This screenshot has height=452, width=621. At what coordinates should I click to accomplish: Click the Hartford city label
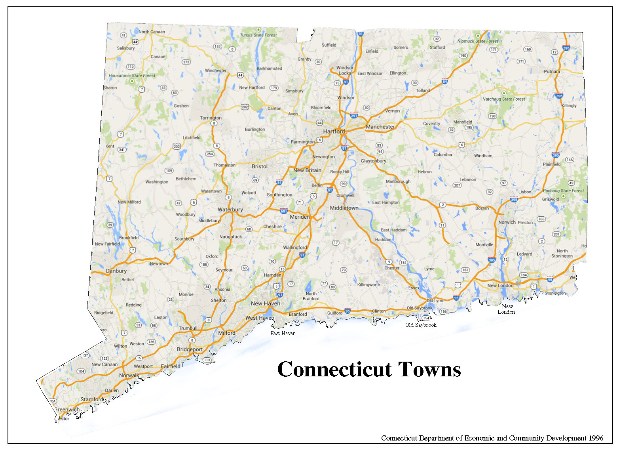334,131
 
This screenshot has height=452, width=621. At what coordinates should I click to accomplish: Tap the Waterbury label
230,210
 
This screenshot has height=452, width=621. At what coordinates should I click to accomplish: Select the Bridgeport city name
190,349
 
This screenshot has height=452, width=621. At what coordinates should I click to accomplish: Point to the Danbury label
116,271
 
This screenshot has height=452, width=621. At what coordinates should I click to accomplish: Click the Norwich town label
507,222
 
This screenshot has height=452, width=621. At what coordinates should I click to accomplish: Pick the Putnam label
552,72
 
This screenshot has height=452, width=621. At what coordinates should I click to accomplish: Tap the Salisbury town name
125,48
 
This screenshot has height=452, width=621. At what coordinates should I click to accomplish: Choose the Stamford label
92,399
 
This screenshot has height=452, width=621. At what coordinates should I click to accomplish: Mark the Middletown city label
344,208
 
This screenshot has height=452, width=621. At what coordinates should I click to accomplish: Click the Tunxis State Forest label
258,35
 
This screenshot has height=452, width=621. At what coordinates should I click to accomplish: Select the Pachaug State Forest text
563,191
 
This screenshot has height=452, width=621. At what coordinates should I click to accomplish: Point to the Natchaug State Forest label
503,99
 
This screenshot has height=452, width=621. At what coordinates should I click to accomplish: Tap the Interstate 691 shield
283,211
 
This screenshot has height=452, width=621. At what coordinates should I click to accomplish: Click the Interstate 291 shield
353,116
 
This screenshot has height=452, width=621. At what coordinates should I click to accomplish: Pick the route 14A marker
569,160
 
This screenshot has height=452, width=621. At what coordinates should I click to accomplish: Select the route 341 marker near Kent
122,150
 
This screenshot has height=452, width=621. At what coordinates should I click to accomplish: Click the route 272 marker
186,62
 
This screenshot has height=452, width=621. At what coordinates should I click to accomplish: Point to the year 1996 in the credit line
596,438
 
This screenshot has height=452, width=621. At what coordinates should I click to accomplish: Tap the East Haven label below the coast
283,333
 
